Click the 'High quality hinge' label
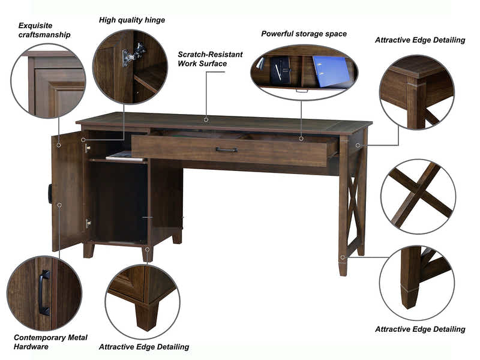point(131,20)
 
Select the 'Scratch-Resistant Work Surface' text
point(210,59)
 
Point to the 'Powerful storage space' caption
point(304,34)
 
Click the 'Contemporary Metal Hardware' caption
point(50,342)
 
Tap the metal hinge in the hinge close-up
point(133,55)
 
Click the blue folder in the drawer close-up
point(331,71)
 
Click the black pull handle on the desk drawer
point(226,150)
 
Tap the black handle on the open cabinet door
point(50,193)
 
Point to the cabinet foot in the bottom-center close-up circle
point(146,311)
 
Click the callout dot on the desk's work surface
point(206,119)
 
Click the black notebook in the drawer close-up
point(280,71)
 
